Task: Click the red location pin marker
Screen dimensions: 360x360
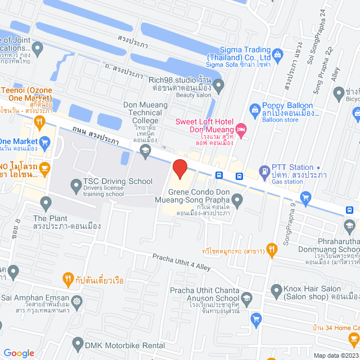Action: [x=179, y=169]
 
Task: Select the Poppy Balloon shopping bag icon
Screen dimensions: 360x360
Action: [x=254, y=108]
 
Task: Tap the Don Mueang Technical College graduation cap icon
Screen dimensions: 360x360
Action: [x=146, y=149]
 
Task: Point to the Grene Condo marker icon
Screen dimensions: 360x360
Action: [x=237, y=199]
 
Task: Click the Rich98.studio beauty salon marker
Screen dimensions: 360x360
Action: [x=219, y=85]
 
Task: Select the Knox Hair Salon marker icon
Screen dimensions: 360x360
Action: [x=276, y=291]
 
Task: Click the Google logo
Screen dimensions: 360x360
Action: [x=19, y=353]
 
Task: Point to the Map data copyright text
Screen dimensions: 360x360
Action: [x=335, y=355]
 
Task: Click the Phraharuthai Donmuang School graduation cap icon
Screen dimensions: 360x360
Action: [x=349, y=227]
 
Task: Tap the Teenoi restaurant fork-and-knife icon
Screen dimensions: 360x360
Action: [x=39, y=121]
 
